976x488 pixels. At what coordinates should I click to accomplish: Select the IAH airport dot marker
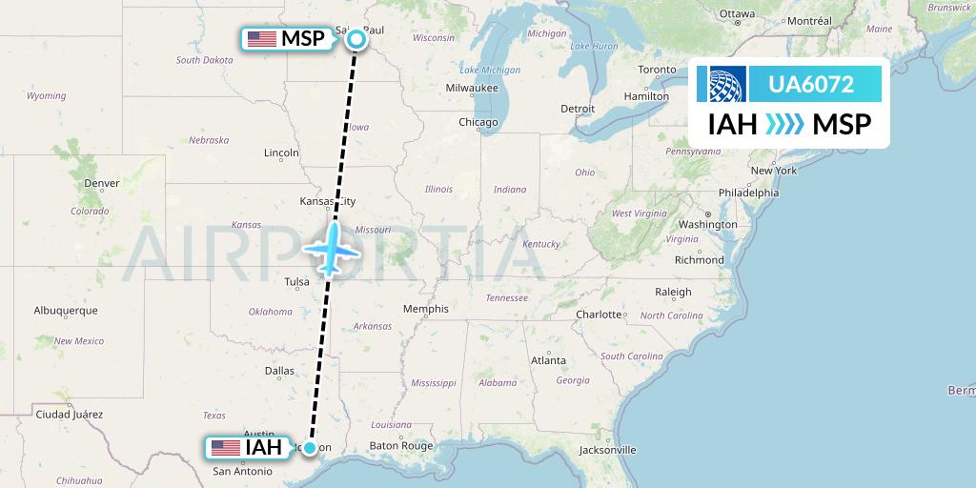click(x=310, y=447)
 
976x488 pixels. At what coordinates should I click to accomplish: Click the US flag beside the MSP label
click(x=261, y=39)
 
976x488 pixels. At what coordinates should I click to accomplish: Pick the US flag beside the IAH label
click(x=226, y=447)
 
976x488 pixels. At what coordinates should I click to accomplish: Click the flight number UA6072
click(x=811, y=85)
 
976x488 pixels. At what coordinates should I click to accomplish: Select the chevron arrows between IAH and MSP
click(x=785, y=125)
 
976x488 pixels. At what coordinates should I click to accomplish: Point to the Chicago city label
click(x=478, y=122)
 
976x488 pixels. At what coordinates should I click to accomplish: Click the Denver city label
click(x=102, y=183)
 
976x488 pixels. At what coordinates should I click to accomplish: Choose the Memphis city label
click(x=425, y=309)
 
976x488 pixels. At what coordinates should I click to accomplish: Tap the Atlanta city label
click(x=548, y=360)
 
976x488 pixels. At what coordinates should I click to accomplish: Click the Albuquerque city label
click(x=66, y=311)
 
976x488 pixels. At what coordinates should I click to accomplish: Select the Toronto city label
click(x=657, y=71)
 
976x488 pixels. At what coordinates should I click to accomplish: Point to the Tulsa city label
click(x=296, y=281)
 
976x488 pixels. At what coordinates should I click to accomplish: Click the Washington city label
click(x=708, y=225)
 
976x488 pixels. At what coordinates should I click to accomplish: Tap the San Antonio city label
click(x=242, y=471)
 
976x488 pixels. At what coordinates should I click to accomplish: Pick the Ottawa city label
click(x=737, y=13)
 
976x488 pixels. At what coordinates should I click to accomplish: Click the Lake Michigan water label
click(x=490, y=71)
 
